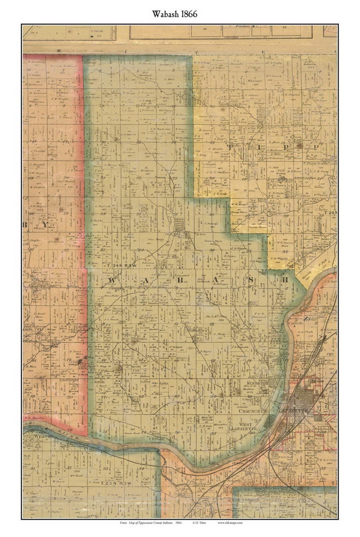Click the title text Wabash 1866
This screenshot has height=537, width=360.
tap(175, 14)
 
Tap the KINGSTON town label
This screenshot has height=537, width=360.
tap(257, 383)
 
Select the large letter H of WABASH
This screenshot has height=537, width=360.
tap(285, 279)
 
